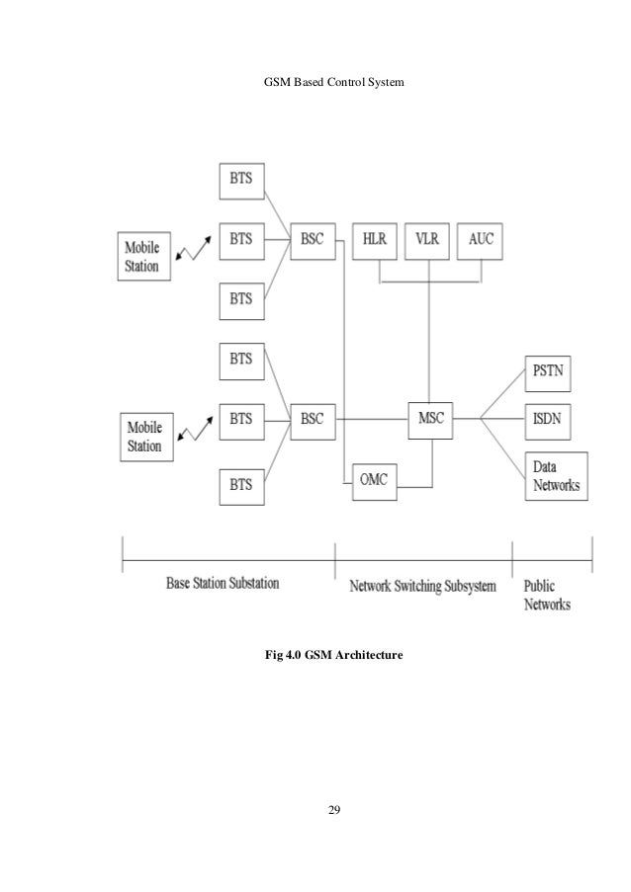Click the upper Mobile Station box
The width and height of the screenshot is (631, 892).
pos(142,255)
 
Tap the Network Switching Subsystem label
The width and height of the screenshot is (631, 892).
pos(423,586)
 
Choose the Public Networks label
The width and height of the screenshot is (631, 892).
pos(547,594)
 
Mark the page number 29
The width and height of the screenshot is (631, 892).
pos(334,810)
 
